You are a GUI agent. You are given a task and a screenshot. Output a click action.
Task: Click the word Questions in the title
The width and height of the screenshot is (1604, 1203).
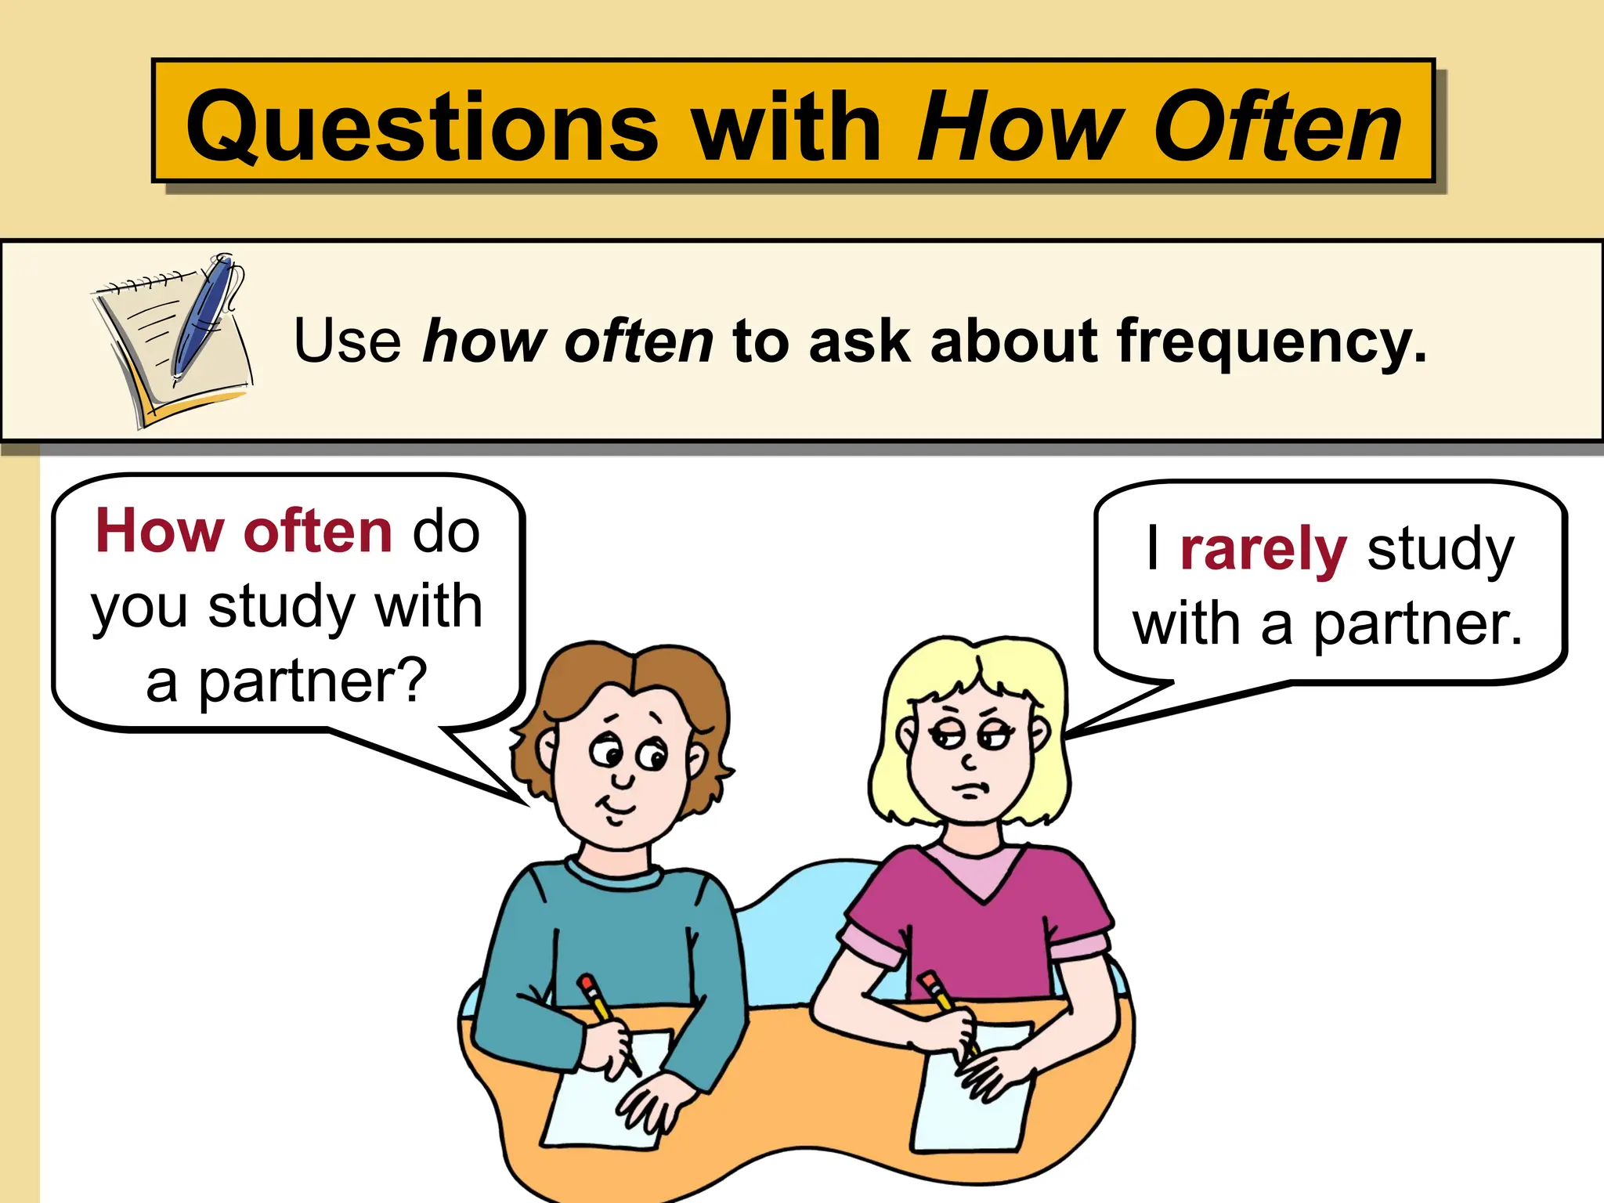point(423,128)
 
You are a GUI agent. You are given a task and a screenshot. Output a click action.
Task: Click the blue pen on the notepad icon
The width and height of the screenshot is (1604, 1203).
point(202,317)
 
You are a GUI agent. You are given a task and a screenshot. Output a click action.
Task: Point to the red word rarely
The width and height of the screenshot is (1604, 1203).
point(1263,550)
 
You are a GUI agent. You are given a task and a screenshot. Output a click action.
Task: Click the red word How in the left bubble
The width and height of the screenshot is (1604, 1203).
point(160,532)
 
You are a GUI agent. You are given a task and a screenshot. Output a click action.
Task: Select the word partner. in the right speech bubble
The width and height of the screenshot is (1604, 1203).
point(1418,625)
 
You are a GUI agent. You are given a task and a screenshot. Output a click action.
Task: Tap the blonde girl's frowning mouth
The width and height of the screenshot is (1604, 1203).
point(971,790)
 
